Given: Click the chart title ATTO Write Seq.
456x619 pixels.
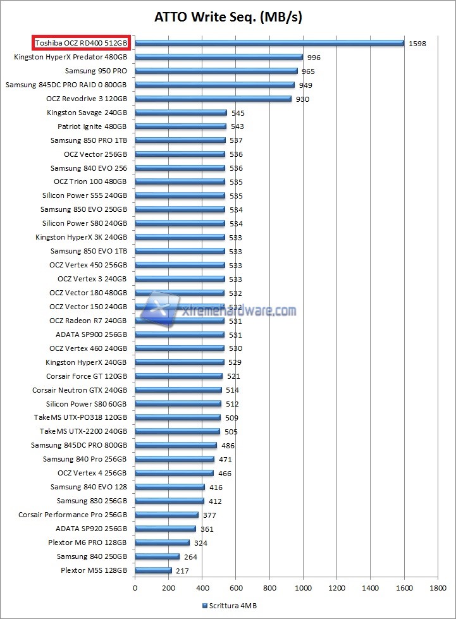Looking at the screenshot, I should pos(228,17).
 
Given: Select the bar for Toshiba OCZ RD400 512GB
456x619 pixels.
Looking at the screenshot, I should pos(269,43).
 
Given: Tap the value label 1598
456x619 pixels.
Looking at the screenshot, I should pos(417,44).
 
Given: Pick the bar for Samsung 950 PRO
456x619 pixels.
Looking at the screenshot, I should pos(216,71).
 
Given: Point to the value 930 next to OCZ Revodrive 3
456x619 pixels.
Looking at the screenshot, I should pos(302,99).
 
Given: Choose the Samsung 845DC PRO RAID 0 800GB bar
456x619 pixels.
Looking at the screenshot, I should pos(214,85).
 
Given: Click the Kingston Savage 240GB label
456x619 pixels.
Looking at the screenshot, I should pos(87,113).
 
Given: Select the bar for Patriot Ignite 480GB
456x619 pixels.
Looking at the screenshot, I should pos(180,126).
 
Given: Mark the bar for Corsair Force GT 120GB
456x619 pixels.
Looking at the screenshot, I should pos(178,376).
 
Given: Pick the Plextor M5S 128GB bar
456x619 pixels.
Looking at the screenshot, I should pos(153,570).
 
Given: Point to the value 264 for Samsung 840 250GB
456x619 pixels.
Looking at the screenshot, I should pos(192,557).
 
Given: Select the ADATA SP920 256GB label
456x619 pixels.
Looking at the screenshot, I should pos(91,529).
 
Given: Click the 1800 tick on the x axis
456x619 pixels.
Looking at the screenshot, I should pos(438,587).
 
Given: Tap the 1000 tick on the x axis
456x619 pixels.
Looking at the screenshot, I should pos(303,587).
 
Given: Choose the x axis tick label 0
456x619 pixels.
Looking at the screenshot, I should pos(135,587).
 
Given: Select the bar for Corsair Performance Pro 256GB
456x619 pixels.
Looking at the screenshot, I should pos(166,515).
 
